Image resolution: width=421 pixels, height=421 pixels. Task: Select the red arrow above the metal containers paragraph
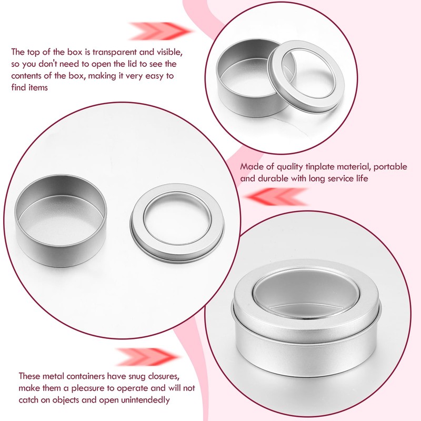coord(143,357)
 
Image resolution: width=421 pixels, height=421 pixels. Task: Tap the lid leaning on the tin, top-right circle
coord(306,79)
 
